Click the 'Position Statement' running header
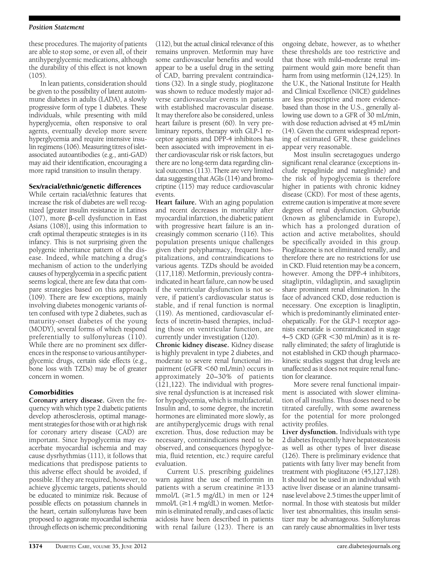57,27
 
